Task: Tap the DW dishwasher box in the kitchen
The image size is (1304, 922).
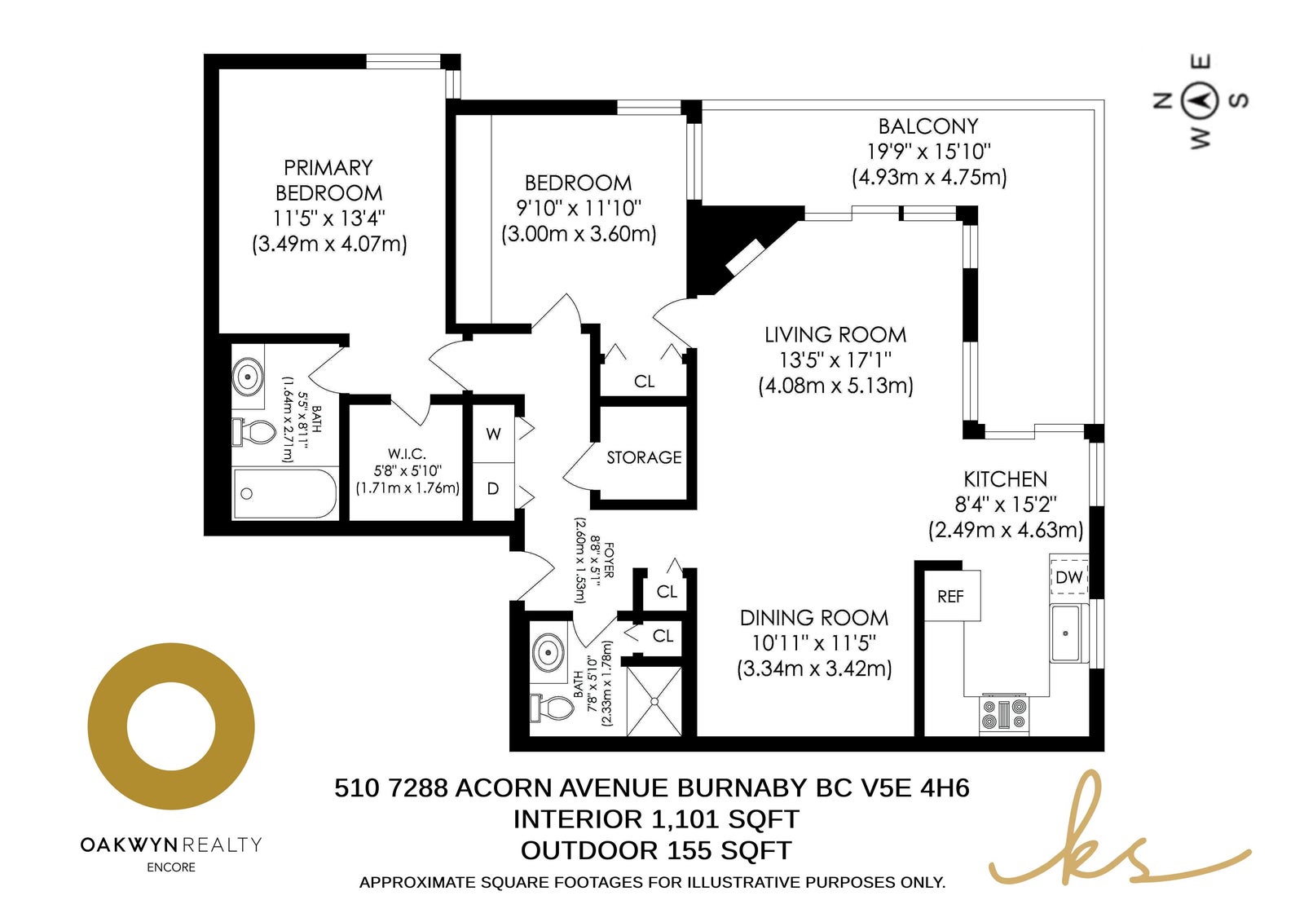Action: pyautogui.click(x=1068, y=576)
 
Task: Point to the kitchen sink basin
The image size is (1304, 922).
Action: pyautogui.click(x=1065, y=633)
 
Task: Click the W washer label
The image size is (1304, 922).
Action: pyautogui.click(x=493, y=434)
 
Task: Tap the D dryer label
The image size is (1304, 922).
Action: pyautogui.click(x=493, y=488)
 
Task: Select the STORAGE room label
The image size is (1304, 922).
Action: pyautogui.click(x=644, y=457)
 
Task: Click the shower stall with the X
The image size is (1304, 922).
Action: pyautogui.click(x=654, y=701)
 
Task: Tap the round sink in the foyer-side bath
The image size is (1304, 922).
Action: pyautogui.click(x=548, y=651)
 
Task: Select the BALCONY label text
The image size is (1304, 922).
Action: pyautogui.click(x=928, y=126)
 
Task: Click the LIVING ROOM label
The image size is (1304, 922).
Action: pyautogui.click(x=835, y=335)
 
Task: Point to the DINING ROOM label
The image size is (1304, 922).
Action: pyautogui.click(x=814, y=618)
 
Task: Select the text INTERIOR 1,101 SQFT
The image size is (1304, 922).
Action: pyautogui.click(x=656, y=819)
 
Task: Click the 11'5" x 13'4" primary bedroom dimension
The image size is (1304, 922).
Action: pyautogui.click(x=329, y=218)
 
